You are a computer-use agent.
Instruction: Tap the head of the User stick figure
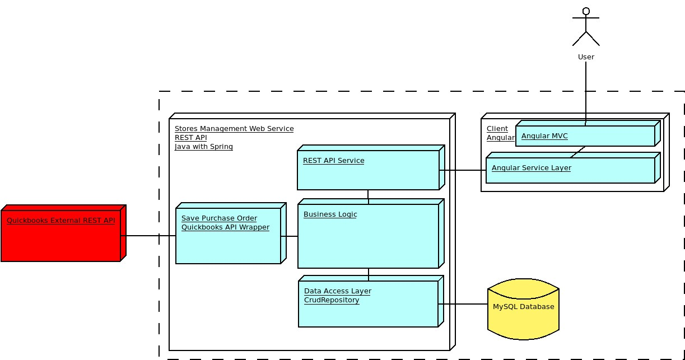coord(586,11)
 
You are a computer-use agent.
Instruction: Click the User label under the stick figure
coord(586,57)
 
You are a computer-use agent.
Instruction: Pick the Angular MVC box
coord(585,135)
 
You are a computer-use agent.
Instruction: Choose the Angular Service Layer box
coord(570,170)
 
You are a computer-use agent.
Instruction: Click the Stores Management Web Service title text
coord(234,129)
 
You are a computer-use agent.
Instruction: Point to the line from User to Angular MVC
coord(586,90)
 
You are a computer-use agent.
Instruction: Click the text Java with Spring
coord(204,147)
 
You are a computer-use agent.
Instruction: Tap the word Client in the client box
coord(497,129)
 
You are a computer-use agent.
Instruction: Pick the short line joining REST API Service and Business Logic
coord(368,195)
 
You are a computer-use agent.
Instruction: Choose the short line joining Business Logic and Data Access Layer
coord(369,274)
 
